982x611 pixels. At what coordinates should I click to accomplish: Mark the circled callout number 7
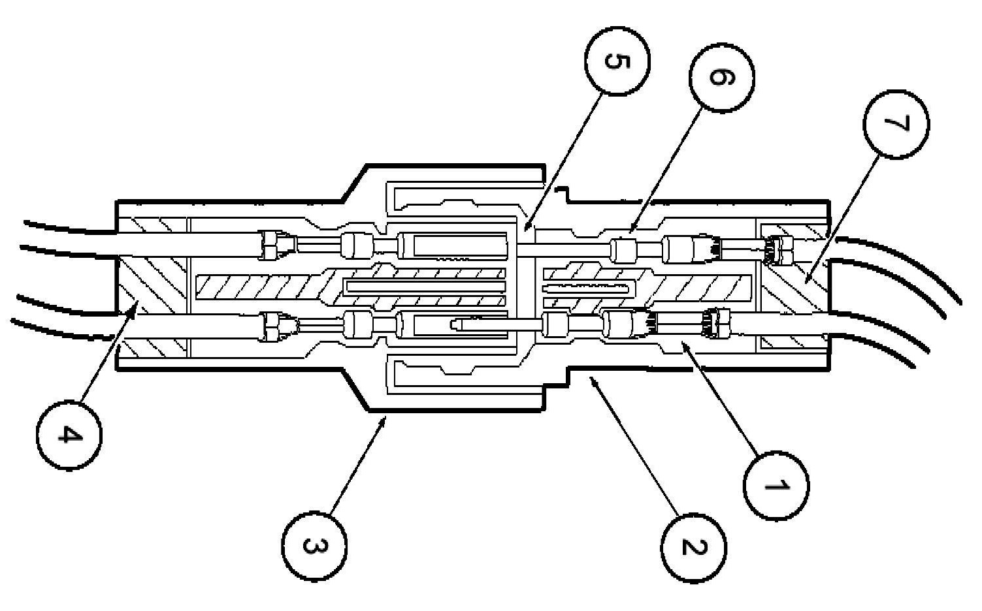pos(896,125)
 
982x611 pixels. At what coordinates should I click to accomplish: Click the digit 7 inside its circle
pos(896,125)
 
